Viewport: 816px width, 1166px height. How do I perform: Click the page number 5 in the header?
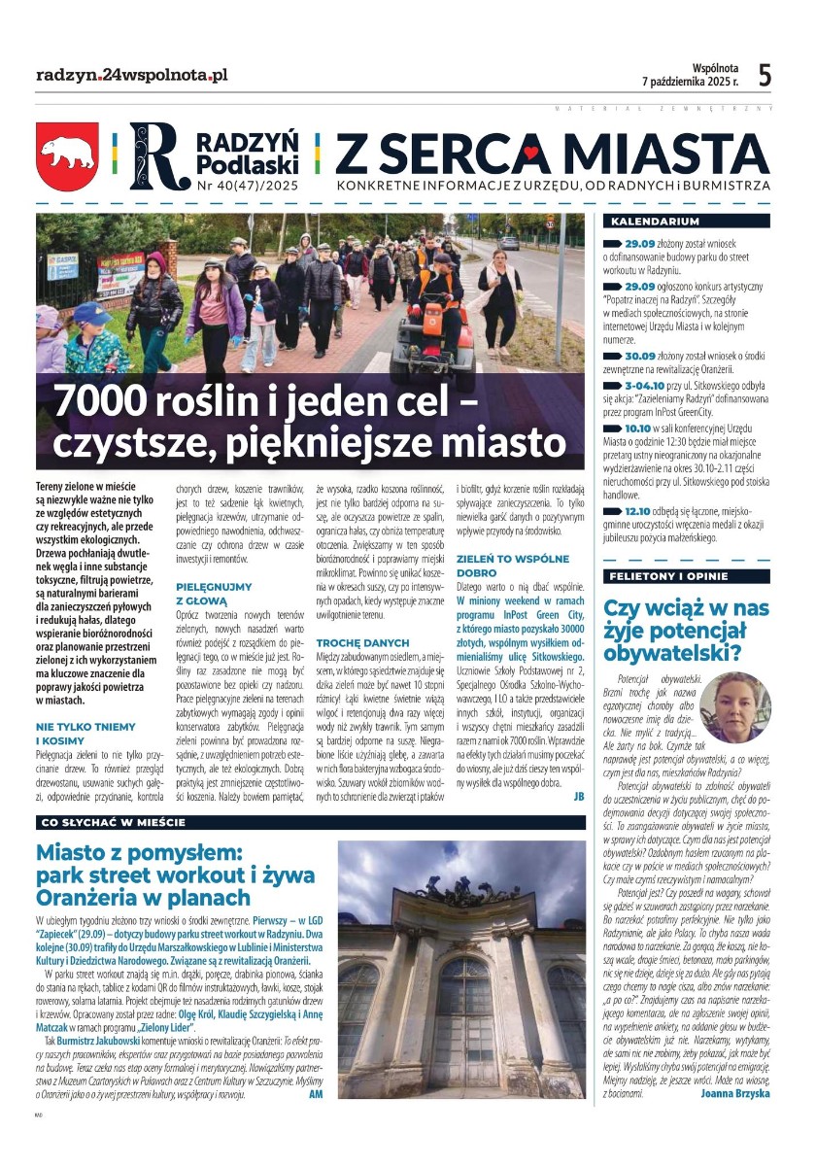pos(765,75)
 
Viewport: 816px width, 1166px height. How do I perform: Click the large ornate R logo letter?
pos(155,155)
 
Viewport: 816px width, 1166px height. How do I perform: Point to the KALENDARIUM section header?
pos(650,222)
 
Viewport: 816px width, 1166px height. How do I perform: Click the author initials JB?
pos(579,795)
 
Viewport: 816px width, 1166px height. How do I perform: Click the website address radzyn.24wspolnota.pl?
pos(131,75)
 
